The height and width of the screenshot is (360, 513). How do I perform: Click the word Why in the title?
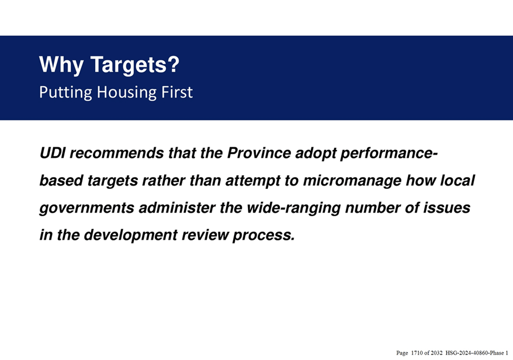61,65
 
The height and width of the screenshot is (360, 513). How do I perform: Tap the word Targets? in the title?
135,65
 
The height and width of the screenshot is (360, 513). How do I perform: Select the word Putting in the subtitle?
66,93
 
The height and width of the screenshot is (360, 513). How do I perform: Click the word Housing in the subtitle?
127,93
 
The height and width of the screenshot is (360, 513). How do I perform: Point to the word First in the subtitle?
177,92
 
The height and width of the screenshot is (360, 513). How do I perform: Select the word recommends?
117,153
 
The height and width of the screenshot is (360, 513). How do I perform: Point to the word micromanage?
352,181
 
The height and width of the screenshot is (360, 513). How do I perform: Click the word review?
205,235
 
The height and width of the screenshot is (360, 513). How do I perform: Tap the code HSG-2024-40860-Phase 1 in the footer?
477,353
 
